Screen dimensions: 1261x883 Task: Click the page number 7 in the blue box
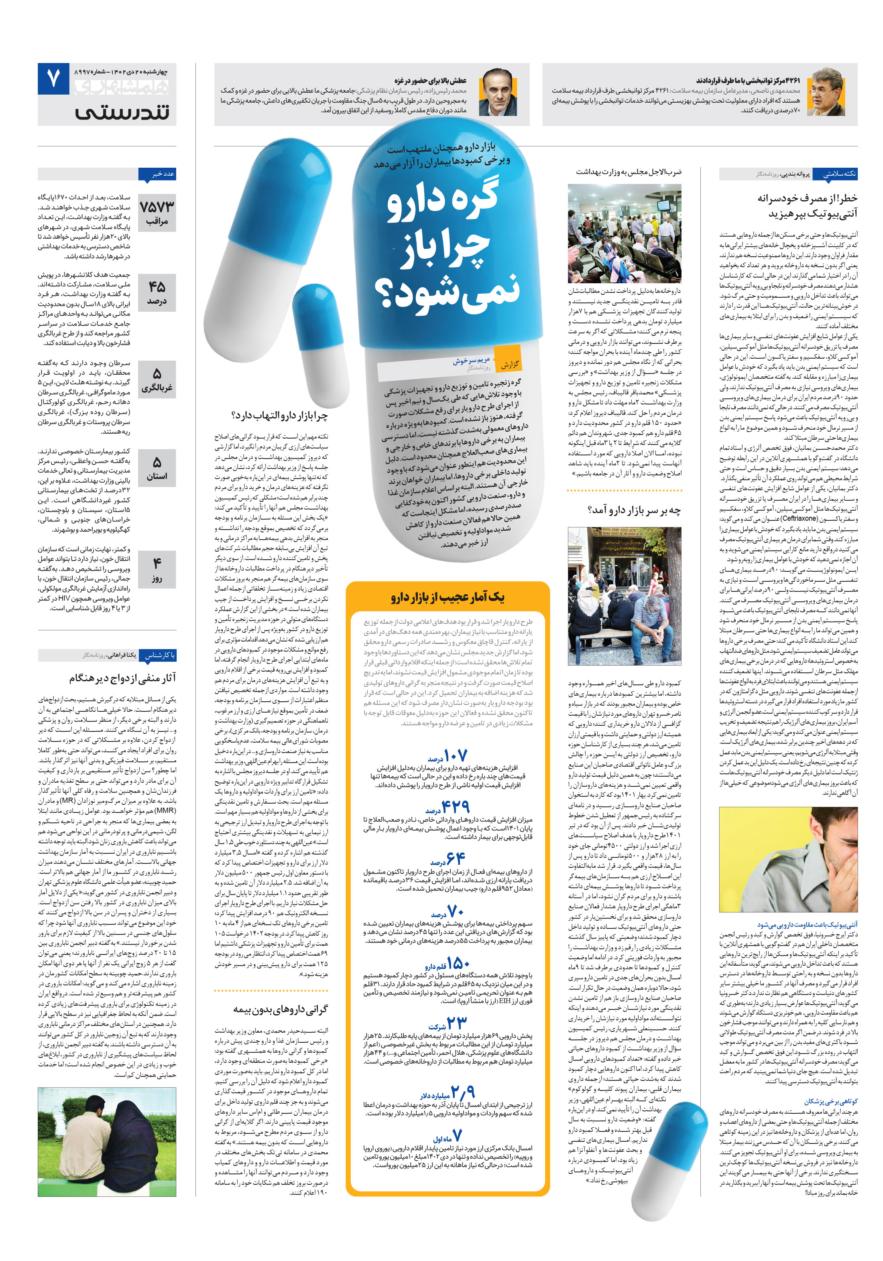tap(53, 79)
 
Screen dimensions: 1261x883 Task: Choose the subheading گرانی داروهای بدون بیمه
tap(280, 1009)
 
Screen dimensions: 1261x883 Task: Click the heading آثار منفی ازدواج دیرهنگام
tap(122, 678)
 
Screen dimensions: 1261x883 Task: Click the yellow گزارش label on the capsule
tap(508, 363)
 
